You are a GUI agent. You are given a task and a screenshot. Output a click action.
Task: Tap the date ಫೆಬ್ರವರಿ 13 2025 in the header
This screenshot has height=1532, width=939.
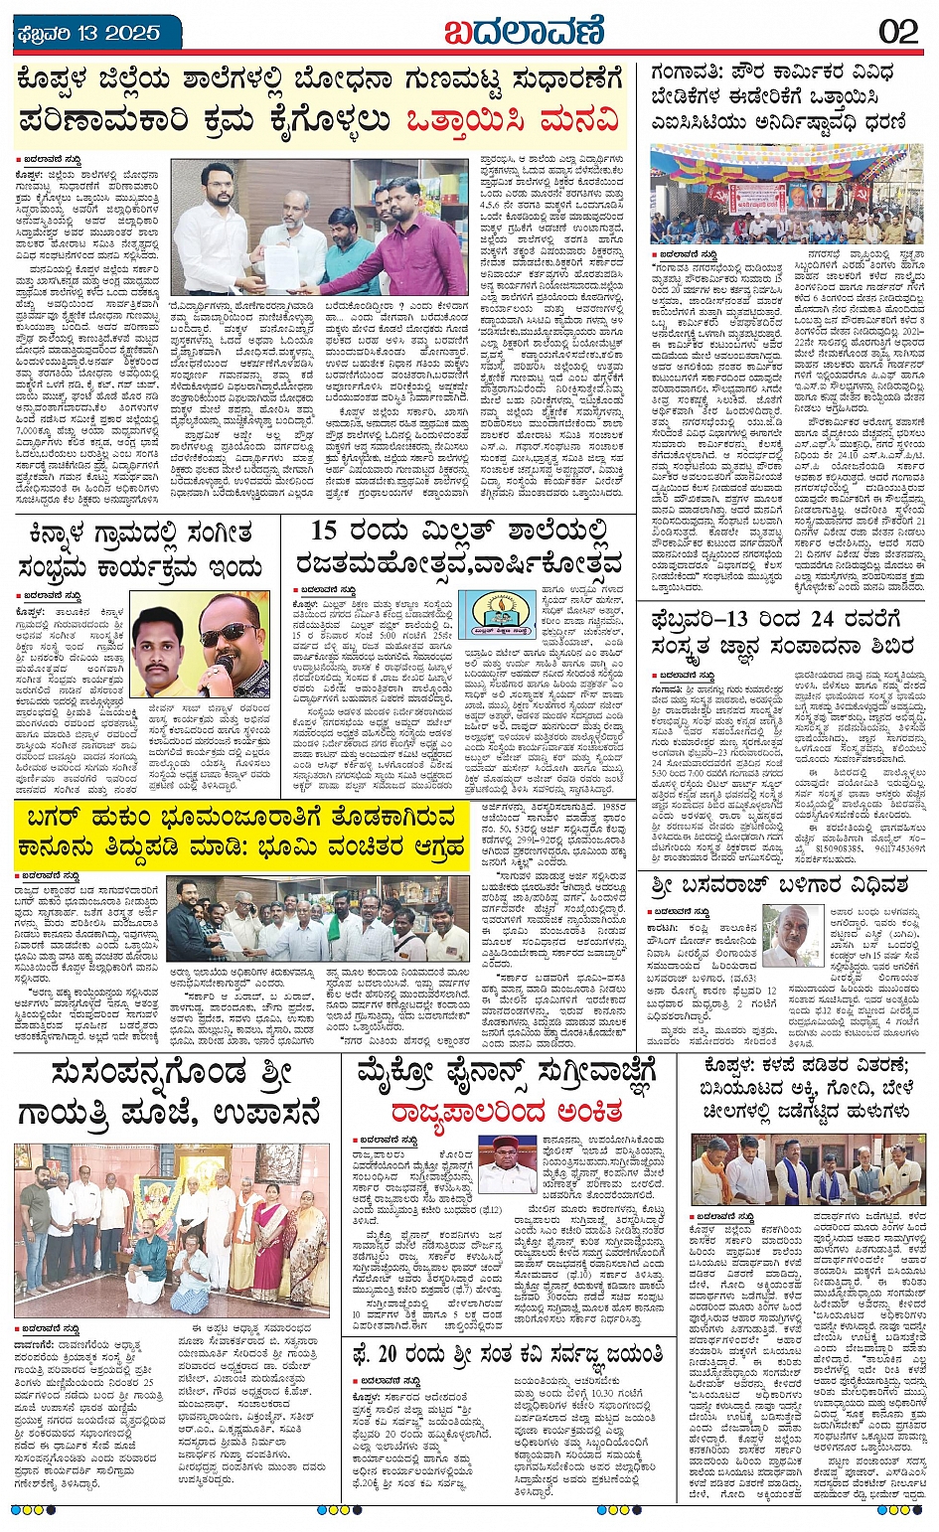click(x=89, y=33)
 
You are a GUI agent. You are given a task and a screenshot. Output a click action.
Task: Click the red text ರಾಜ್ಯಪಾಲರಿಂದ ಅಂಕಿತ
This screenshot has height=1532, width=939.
click(x=506, y=1110)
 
